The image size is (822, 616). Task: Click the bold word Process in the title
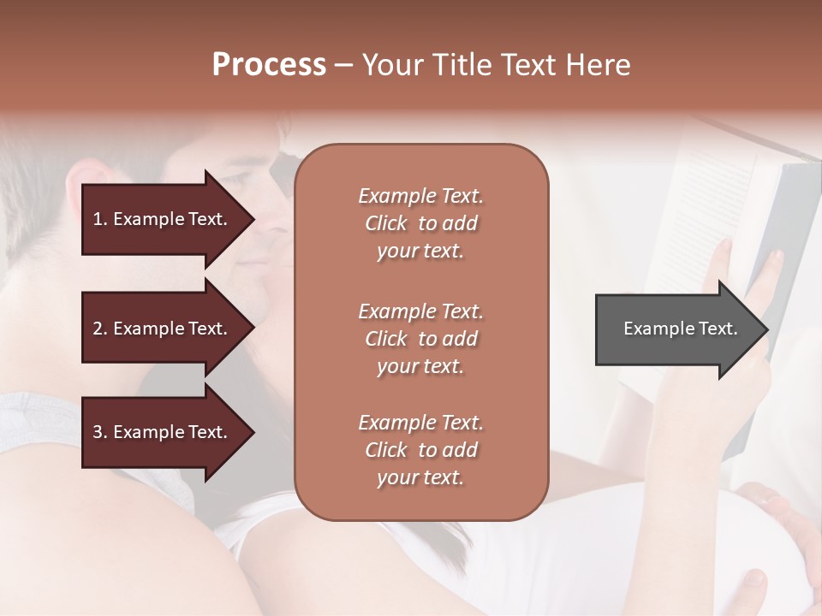(x=269, y=65)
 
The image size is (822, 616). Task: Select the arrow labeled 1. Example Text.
(x=163, y=219)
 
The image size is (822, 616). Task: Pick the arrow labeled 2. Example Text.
(x=163, y=329)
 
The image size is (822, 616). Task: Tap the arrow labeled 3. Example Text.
(x=163, y=432)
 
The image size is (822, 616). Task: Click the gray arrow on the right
(x=676, y=329)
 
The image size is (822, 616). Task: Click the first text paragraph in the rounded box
(x=420, y=223)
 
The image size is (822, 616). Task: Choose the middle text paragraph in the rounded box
(x=420, y=338)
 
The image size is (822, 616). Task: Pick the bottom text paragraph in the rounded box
(x=420, y=450)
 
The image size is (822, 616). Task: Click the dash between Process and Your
(x=343, y=66)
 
